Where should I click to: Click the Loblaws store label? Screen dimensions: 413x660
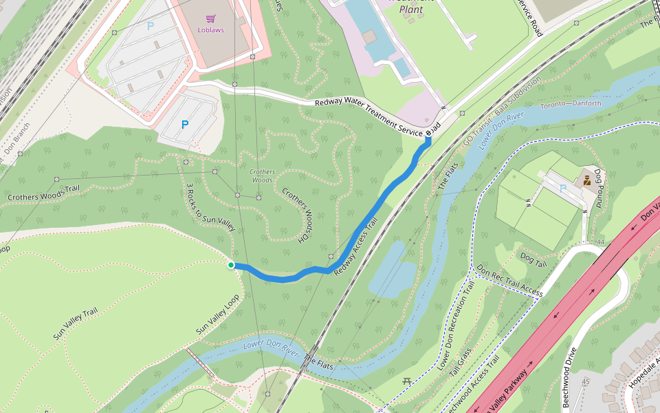pos(210,30)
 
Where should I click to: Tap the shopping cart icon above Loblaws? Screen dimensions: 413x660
pos(210,19)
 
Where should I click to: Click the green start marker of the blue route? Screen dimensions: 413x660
pos(231,265)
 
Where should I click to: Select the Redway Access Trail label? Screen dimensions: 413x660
pos(356,247)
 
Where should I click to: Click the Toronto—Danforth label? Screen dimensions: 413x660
pos(570,104)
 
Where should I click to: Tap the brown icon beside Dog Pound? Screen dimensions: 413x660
pos(587,181)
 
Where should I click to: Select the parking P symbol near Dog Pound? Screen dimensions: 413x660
pos(564,188)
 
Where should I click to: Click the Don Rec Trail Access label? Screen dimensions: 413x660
pos(509,281)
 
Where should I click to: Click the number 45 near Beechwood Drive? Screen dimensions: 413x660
pos(586,382)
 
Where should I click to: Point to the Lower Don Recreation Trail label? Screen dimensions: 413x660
pos(456,324)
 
